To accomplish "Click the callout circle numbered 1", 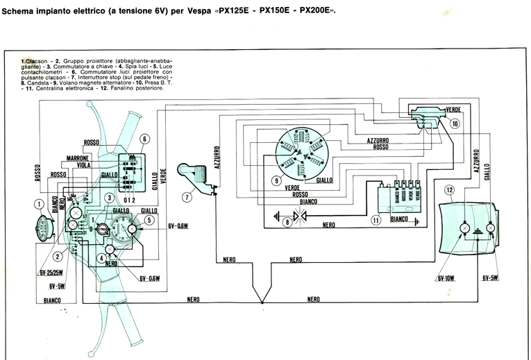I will tap(40, 204).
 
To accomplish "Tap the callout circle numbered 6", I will tap(144, 139).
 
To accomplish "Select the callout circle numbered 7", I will tap(187, 197).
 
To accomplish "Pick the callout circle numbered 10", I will tap(455, 123).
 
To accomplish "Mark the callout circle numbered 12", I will tap(450, 189).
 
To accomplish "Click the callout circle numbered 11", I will tap(376, 221).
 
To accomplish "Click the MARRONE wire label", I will tap(75, 157).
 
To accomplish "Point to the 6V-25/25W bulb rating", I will tap(51, 273).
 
